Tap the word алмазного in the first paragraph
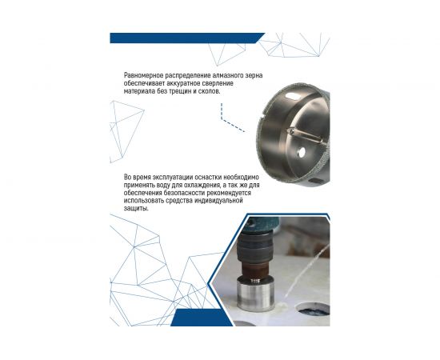(227, 76)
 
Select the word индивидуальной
(218, 201)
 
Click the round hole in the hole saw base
(301, 152)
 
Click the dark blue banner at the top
(187, 38)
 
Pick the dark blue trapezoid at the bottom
(202, 318)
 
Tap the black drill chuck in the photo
(254, 246)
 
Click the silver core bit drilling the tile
(255, 294)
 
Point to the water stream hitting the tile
(306, 272)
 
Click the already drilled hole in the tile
(313, 310)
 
